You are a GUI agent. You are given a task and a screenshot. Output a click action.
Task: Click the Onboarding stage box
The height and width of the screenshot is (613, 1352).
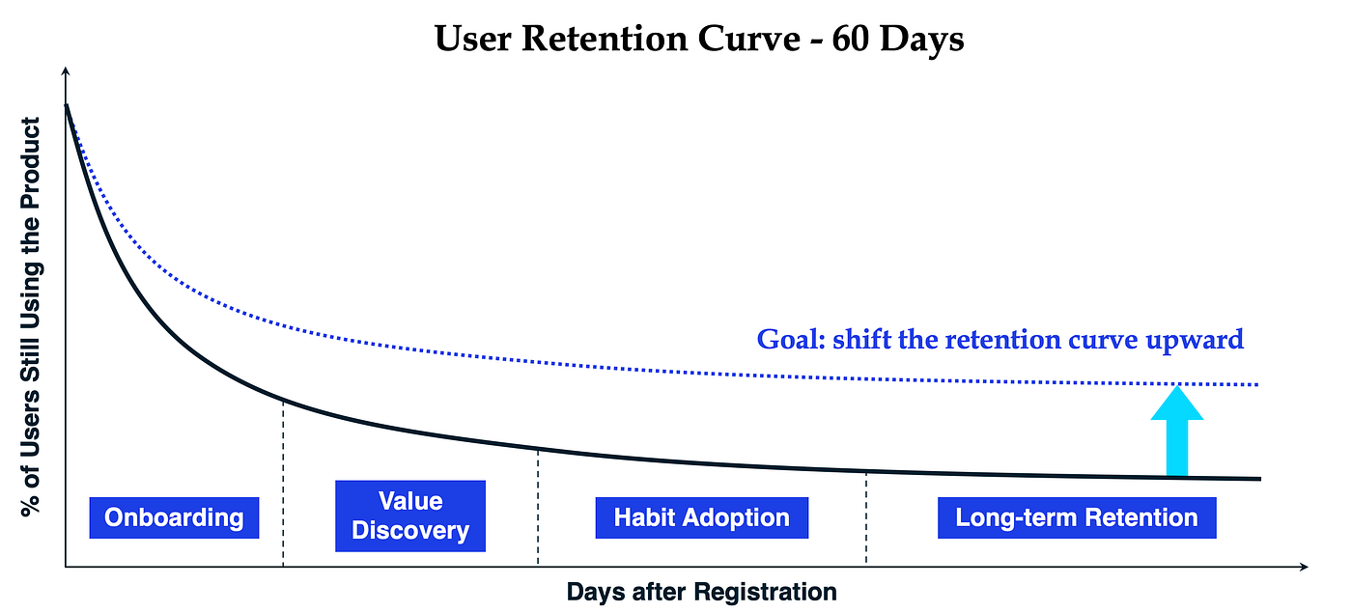pos(174,517)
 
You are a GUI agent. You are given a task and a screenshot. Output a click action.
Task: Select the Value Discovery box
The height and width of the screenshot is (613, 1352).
pos(410,516)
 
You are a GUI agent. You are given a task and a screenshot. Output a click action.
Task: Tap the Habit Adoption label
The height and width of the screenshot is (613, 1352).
pos(702,517)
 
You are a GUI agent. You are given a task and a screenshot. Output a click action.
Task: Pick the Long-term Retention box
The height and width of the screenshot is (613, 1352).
pos(1077,517)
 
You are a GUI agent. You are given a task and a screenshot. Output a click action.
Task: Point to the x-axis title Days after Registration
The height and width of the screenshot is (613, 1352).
pos(701,591)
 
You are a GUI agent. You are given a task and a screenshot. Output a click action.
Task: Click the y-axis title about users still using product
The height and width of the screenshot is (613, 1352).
pos(32,317)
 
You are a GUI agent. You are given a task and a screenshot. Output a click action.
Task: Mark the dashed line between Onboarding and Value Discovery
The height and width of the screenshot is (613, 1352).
pos(283,483)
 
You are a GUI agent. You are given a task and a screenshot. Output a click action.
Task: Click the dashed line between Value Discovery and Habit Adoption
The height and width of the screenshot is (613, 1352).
pos(538,507)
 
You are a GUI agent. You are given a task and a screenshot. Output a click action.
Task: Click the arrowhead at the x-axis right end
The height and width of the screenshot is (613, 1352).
pos(1303,566)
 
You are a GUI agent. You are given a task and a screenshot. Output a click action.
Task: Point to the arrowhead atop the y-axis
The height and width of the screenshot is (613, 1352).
pos(65,72)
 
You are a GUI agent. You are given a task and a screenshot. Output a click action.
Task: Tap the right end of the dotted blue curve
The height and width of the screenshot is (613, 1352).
pos(1257,384)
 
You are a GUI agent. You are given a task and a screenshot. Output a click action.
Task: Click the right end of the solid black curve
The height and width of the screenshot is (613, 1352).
pos(1258,478)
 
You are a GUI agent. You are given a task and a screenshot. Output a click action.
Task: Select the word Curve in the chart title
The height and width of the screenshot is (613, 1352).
pos(744,40)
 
